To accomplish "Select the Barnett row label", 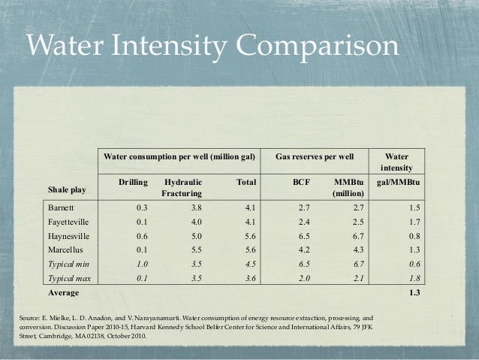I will point(61,207).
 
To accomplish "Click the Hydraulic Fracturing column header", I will point(182,188).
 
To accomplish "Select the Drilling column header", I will point(132,182).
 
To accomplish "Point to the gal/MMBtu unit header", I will point(398,182).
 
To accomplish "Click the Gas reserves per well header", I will point(315,158).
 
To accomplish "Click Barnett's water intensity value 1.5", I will point(413,207).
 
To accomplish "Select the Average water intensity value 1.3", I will point(413,292).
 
